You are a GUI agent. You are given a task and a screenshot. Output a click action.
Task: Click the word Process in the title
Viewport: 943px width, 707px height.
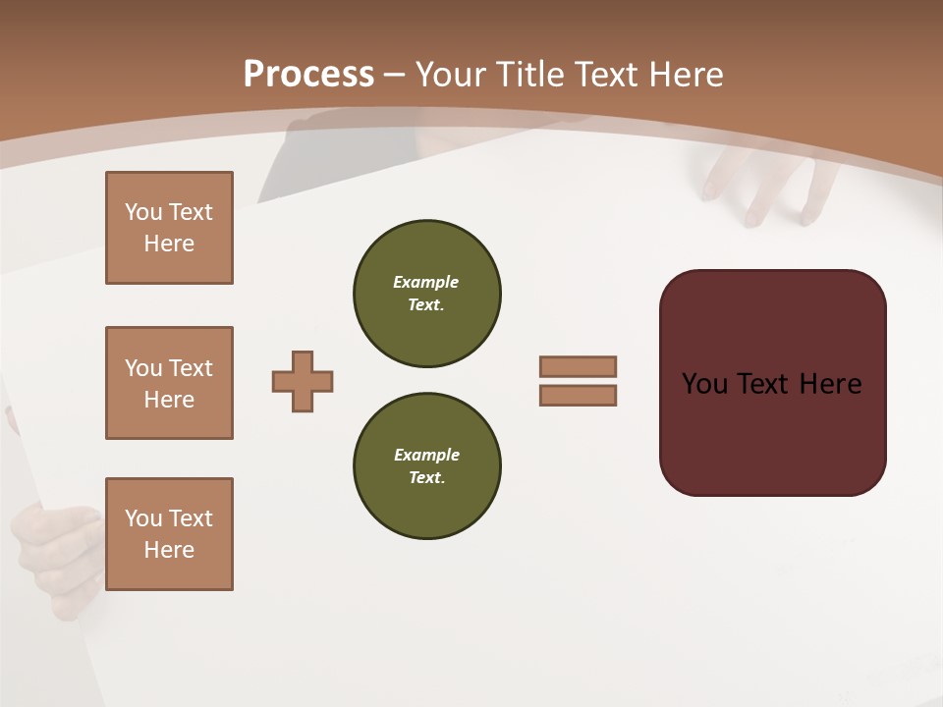click(308, 74)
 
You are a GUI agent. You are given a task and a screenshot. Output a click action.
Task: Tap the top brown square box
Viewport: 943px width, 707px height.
click(169, 228)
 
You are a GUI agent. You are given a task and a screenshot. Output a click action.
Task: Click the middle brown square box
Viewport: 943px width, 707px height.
click(169, 383)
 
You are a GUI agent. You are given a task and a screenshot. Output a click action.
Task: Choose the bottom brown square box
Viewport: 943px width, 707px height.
click(169, 534)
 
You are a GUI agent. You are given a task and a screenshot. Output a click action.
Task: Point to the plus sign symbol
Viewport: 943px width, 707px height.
click(303, 381)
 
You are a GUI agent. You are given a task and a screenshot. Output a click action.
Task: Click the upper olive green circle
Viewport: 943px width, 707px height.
click(426, 294)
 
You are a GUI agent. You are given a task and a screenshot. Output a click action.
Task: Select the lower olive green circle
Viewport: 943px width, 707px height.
click(426, 465)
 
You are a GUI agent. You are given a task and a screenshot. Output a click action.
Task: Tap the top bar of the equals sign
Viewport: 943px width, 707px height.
click(578, 366)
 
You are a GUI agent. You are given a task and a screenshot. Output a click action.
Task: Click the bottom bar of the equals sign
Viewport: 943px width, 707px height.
click(578, 396)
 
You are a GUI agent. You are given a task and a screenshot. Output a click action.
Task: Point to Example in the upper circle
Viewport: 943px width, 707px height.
click(425, 282)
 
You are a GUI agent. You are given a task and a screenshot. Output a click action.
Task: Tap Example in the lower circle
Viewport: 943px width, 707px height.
click(426, 455)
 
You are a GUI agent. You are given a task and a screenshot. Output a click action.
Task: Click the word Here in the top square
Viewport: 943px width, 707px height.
click(169, 244)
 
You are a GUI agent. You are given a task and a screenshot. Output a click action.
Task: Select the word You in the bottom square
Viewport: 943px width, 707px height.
click(143, 518)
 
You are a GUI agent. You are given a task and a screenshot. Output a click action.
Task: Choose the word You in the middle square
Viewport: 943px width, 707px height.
click(143, 368)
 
